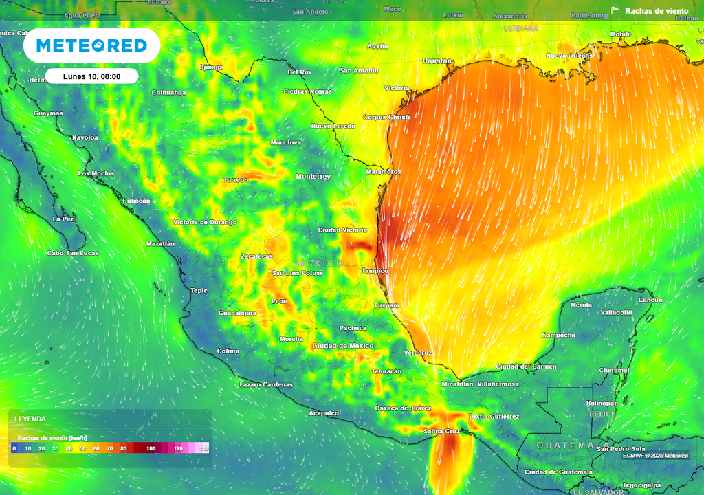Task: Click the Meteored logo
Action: pyautogui.click(x=91, y=45)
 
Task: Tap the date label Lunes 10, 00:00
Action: pyautogui.click(x=91, y=76)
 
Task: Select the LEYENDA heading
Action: pyautogui.click(x=30, y=419)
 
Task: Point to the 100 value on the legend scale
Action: pyautogui.click(x=151, y=448)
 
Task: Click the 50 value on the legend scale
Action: pyautogui.click(x=82, y=448)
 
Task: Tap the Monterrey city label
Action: pyautogui.click(x=313, y=177)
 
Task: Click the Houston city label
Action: pyautogui.click(x=437, y=61)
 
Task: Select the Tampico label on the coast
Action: pyautogui.click(x=376, y=270)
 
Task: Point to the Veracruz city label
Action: pyautogui.click(x=418, y=353)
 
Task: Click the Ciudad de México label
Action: pyautogui.click(x=343, y=345)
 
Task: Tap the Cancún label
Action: pyautogui.click(x=650, y=300)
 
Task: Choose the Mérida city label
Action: pyautogui.click(x=581, y=305)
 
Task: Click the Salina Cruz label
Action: pyautogui.click(x=441, y=431)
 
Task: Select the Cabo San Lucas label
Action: pyautogui.click(x=73, y=253)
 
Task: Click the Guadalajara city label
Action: pyautogui.click(x=237, y=313)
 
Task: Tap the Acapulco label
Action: pyautogui.click(x=324, y=413)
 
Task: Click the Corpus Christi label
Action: pyautogui.click(x=386, y=118)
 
